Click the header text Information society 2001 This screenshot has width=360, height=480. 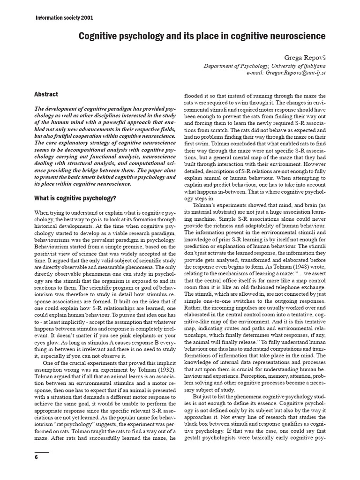pyautogui.click(x=64, y=18)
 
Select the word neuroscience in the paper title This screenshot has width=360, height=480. pyautogui.click(x=296, y=36)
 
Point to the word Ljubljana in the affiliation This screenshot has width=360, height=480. pyautogui.click(x=311, y=66)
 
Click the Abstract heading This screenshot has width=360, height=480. pyautogui.click(x=46, y=94)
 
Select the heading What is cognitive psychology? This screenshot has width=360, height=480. pyautogui.click(x=75, y=198)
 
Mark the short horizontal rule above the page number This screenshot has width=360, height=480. pyautogui.click(x=42, y=452)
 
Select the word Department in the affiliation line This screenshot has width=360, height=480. pyautogui.click(x=220, y=66)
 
